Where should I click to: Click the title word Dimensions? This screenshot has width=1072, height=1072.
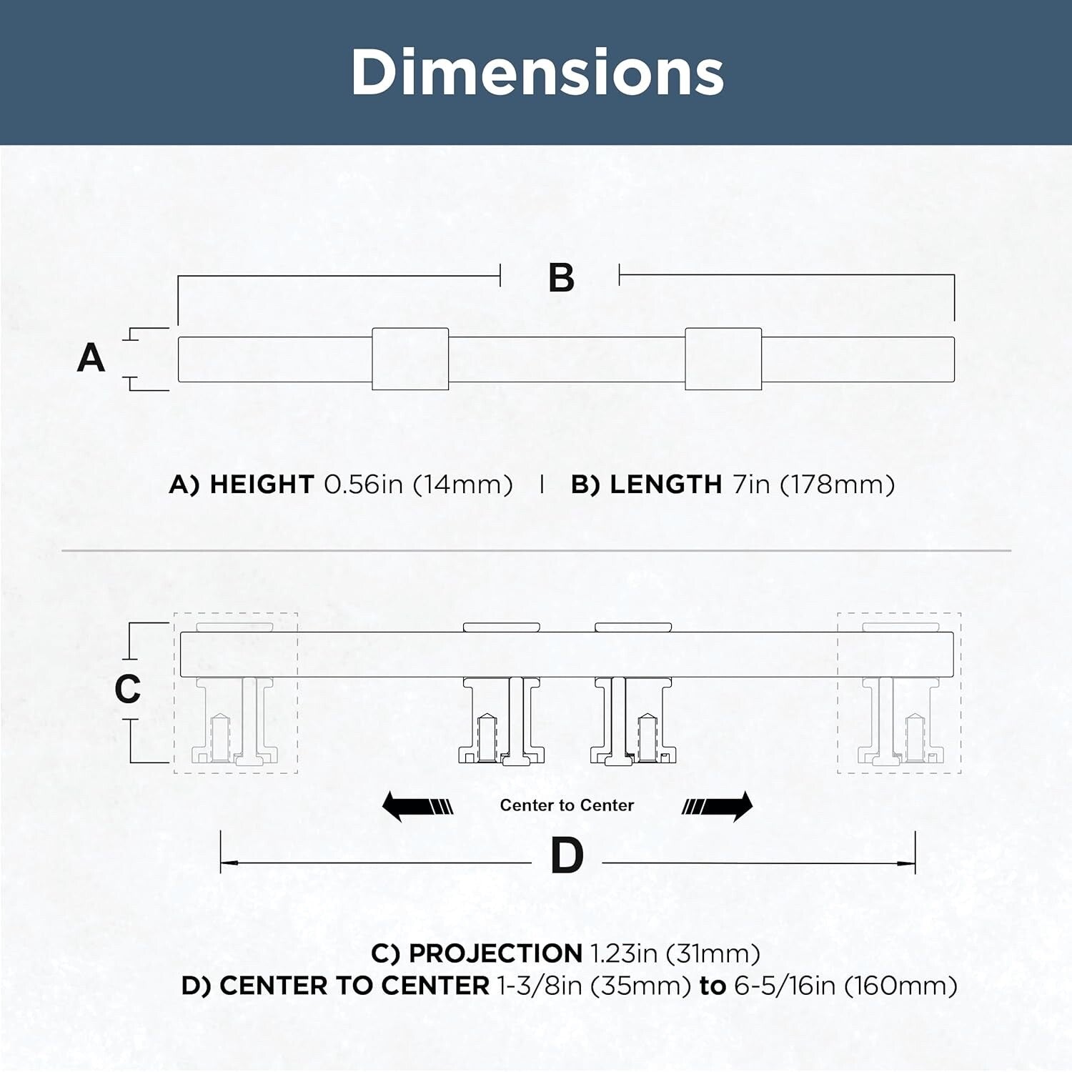click(537, 72)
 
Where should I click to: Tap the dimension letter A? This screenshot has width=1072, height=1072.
click(91, 357)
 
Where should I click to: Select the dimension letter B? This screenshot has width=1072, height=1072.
click(561, 278)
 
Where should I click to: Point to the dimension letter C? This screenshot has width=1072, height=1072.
click(128, 689)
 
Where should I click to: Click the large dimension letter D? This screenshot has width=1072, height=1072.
click(567, 855)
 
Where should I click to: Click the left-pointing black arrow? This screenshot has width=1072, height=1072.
click(417, 806)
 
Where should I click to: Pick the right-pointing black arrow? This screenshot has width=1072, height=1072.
click(717, 806)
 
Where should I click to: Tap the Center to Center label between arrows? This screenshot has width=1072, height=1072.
click(567, 805)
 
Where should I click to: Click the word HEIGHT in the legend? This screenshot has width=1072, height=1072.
click(262, 485)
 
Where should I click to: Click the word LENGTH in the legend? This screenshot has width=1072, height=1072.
click(666, 485)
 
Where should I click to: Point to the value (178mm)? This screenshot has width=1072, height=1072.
click(837, 485)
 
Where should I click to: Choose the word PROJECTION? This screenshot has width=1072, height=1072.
click(495, 953)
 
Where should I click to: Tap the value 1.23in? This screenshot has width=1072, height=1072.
click(624, 953)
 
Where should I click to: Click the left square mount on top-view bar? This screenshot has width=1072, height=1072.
click(410, 359)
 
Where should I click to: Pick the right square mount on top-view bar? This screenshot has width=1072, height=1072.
click(723, 359)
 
